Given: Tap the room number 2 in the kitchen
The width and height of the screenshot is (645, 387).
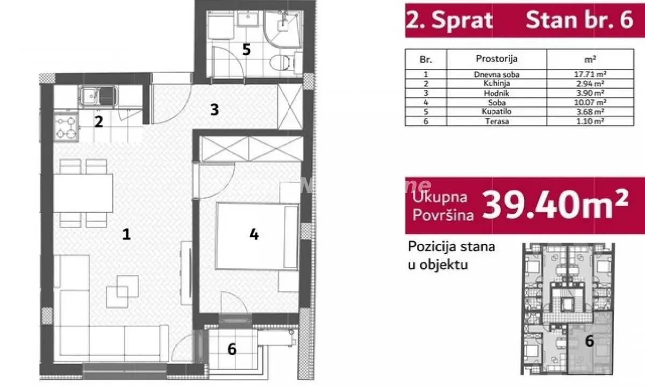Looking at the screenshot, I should pos(98,121).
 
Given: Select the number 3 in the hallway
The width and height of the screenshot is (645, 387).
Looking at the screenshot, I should pos(214,110).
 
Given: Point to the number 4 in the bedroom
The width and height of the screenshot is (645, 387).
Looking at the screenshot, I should pos(254,234).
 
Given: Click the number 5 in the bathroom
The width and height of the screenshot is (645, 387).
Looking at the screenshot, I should pos(246,49).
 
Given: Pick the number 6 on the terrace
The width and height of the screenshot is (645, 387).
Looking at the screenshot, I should pos(232,349).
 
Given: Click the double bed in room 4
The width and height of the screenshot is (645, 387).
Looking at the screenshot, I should pos(257,235).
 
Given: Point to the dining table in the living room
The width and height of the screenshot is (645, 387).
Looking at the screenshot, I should pos(83,192).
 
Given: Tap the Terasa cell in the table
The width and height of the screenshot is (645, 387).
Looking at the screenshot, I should pos(496,121).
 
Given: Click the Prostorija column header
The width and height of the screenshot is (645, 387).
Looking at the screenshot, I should pos(496,58).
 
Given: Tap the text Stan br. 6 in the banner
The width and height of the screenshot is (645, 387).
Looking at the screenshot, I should pos(579,20).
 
